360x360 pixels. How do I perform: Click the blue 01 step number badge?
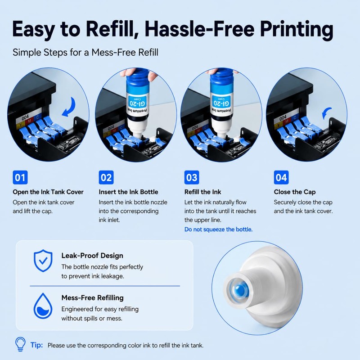pyautogui.click(x=20, y=177)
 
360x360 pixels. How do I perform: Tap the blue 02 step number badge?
pyautogui.click(x=106, y=177)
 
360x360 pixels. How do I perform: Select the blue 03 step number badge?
pyautogui.click(x=192, y=177)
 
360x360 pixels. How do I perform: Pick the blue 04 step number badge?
pyautogui.click(x=281, y=177)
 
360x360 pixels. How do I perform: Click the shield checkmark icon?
pyautogui.click(x=43, y=261)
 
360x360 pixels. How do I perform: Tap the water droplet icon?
pyautogui.click(x=43, y=306)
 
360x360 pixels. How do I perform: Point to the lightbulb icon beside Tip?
pyautogui.click(x=20, y=344)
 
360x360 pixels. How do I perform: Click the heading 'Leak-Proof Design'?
pyautogui.click(x=92, y=256)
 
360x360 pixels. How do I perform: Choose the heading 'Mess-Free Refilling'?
pyautogui.click(x=93, y=298)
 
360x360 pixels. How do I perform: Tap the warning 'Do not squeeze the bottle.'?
pyautogui.click(x=218, y=229)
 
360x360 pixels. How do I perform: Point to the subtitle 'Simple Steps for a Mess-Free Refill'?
pyautogui.click(x=85, y=52)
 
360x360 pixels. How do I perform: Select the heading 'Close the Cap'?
pyautogui.click(x=295, y=192)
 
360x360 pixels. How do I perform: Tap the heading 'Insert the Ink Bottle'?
pyautogui.click(x=128, y=192)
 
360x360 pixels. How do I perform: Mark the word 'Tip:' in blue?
pyautogui.click(x=37, y=345)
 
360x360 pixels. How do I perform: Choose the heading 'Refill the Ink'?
pyautogui.click(x=203, y=192)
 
